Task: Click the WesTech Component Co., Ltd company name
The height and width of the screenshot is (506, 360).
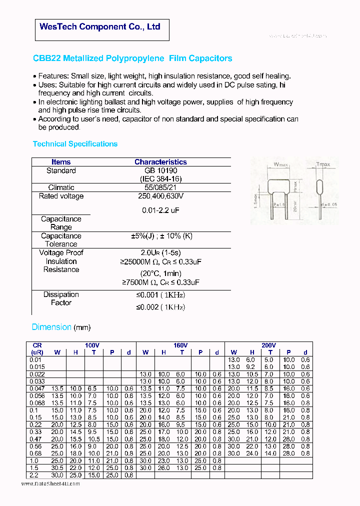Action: [x=100, y=26]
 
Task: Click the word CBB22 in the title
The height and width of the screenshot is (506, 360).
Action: [x=46, y=58]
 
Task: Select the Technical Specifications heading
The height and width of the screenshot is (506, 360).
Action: [x=75, y=144]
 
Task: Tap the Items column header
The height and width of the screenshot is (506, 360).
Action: [x=61, y=162]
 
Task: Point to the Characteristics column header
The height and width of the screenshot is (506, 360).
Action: [x=160, y=162]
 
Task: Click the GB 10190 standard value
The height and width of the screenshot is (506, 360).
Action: [x=160, y=170]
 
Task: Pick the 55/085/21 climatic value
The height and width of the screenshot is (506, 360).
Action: [x=160, y=187]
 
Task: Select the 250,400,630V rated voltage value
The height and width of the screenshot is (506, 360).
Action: [x=160, y=196]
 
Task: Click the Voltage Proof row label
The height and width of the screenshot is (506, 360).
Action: [x=61, y=252]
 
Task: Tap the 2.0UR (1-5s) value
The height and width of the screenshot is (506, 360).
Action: [x=160, y=252]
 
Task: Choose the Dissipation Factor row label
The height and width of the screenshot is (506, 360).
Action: [x=61, y=298]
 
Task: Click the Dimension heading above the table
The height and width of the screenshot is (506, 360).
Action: [x=51, y=327]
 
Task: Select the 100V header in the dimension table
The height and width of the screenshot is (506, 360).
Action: [x=92, y=345]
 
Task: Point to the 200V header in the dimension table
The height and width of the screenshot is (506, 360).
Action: [x=268, y=345]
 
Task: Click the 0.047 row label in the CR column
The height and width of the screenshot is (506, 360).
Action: [x=37, y=388]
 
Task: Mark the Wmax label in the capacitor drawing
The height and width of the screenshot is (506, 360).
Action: [x=281, y=164]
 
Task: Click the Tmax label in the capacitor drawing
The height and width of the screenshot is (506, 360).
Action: [x=323, y=164]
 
